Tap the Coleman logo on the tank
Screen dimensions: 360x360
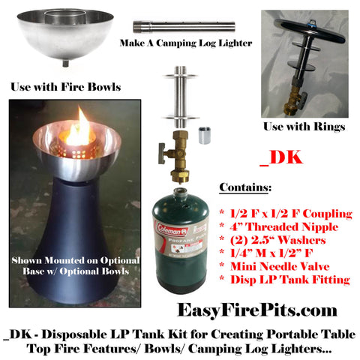(x=172, y=229)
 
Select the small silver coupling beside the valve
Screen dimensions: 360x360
(x=205, y=135)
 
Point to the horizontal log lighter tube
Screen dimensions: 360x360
(x=184, y=26)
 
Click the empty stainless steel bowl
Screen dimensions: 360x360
(x=65, y=35)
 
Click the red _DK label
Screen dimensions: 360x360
(x=281, y=157)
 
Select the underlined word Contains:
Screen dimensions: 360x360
(x=245, y=187)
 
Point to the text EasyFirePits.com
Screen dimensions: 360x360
(x=257, y=310)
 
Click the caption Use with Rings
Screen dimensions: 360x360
(x=304, y=127)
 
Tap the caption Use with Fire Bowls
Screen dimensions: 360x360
(x=66, y=87)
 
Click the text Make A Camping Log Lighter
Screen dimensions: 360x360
(x=186, y=43)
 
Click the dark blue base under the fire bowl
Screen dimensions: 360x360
(x=73, y=240)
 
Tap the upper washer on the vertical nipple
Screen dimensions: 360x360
(x=180, y=76)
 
